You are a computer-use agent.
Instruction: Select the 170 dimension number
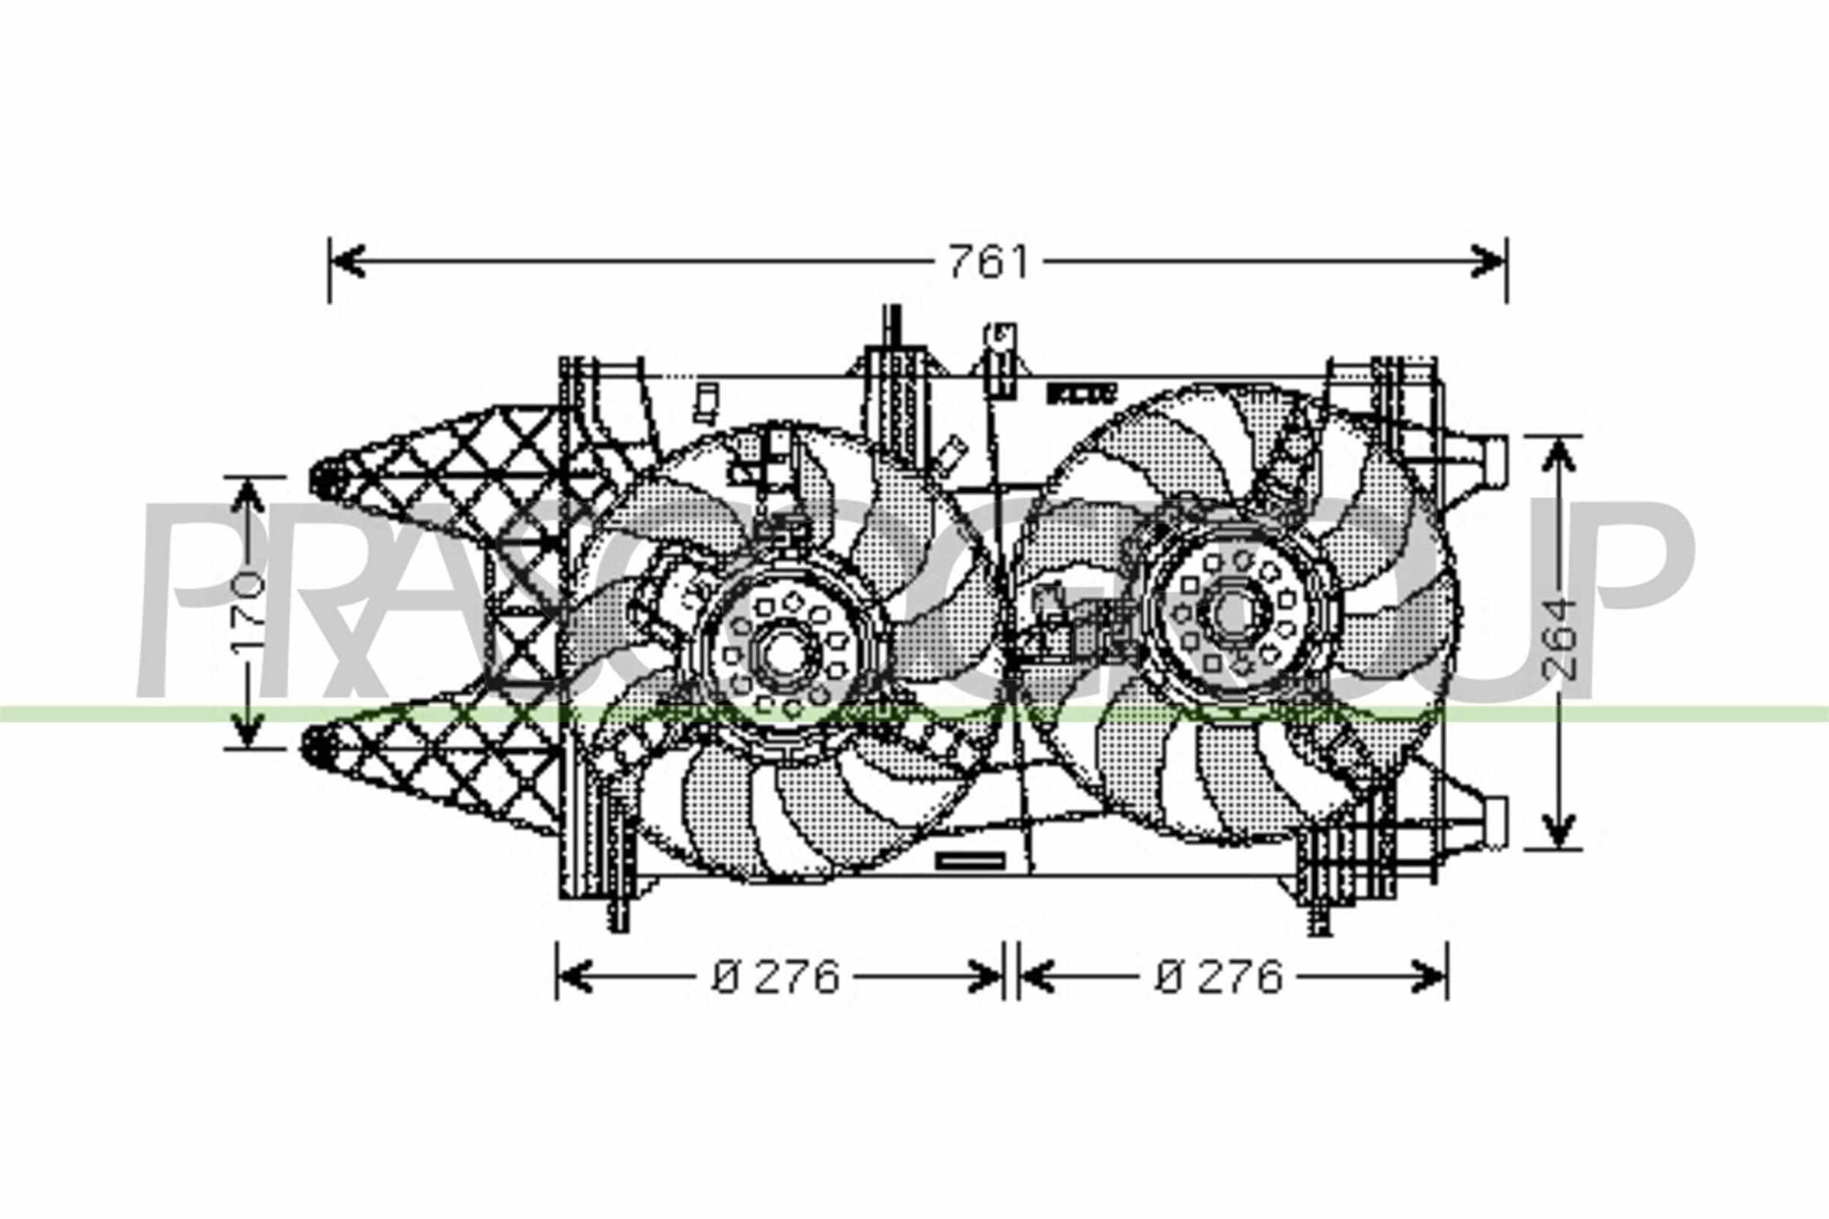pyautogui.click(x=249, y=613)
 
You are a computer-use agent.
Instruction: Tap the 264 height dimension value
pyautogui.click(x=1555, y=638)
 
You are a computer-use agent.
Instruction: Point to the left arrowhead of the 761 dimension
pyautogui.click(x=347, y=262)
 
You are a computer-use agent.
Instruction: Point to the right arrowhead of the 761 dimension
pyautogui.click(x=1489, y=262)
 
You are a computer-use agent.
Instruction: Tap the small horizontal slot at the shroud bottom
pyautogui.click(x=970, y=860)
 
